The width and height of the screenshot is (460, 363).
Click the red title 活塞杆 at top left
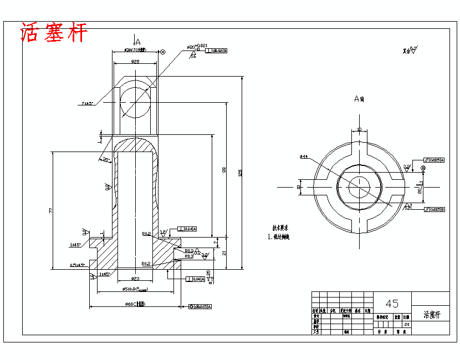point(54,32)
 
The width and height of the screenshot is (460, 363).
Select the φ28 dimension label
point(135,62)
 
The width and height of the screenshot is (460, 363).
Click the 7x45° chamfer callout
point(88,103)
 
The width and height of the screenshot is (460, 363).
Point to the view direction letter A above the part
point(137,41)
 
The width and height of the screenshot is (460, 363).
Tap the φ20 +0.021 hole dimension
point(196,47)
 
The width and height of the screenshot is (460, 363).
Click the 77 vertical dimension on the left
point(50,210)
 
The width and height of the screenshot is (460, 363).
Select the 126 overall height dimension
point(240,173)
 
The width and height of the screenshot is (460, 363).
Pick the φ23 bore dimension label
point(135,278)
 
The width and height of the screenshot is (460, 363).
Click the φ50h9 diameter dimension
point(135,290)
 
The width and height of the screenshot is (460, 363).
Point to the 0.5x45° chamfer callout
point(77,265)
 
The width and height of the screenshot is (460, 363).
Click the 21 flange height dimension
point(223,253)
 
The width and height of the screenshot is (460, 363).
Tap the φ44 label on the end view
point(303,157)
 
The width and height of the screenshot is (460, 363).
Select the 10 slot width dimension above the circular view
point(359,129)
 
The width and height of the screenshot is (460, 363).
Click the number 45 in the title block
point(392,304)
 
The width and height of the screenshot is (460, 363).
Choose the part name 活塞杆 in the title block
point(431,314)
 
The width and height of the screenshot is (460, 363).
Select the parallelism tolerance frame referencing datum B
point(435,209)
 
